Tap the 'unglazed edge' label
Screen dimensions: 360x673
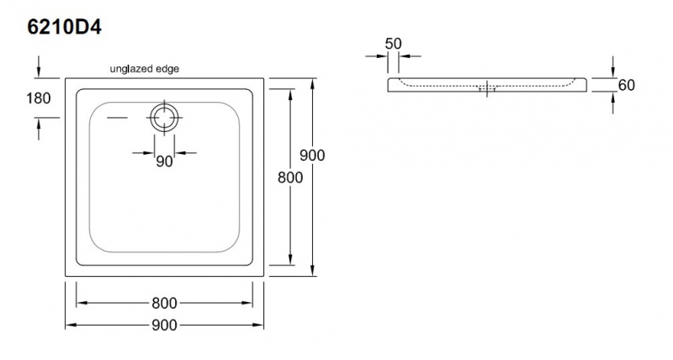pos(145,68)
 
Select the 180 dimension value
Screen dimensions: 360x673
pos(39,98)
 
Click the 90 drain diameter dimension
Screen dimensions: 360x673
pos(164,161)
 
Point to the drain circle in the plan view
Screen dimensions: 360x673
pos(163,117)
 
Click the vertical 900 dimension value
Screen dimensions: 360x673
pos(311,156)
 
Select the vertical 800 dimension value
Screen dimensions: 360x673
pos(290,177)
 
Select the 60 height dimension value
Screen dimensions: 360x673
pos(625,85)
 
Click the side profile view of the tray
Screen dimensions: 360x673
pos(488,85)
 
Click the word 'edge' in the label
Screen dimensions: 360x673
pos(166,68)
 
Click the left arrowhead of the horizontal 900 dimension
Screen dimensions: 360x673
pos(70,325)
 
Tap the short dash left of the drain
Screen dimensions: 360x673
pos(120,117)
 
